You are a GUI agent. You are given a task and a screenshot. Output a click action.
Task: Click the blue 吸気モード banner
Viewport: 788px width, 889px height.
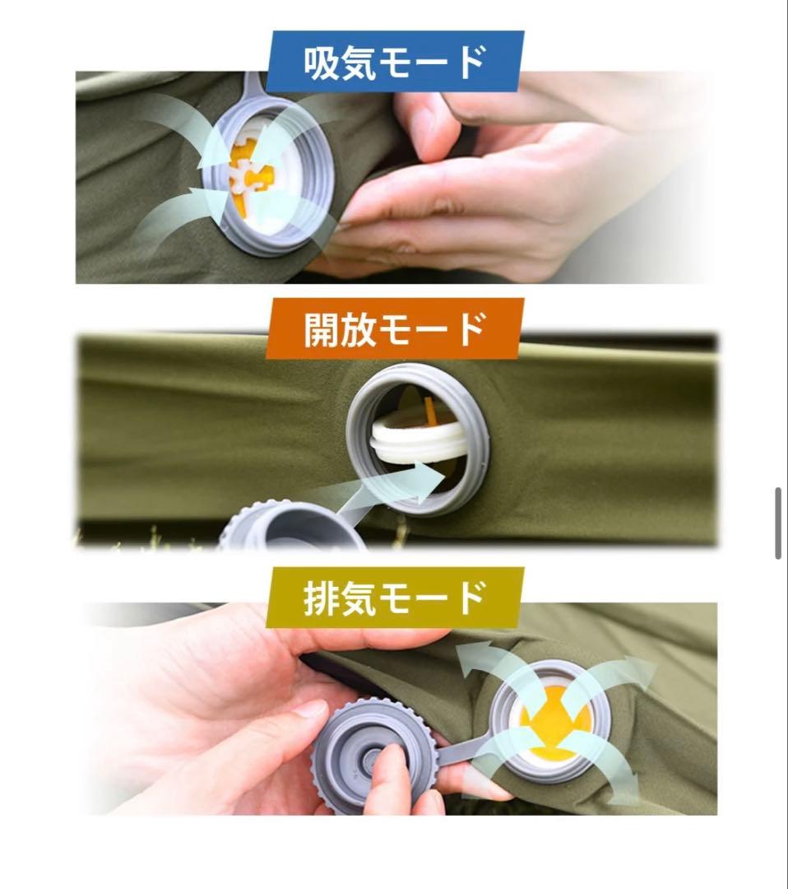(394, 62)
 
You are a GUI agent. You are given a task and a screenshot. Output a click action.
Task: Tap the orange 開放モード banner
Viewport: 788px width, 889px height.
(394, 328)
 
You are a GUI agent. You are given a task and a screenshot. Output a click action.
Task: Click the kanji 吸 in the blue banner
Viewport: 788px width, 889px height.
(322, 63)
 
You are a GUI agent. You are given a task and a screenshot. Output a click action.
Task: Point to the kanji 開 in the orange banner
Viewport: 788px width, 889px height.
(322, 329)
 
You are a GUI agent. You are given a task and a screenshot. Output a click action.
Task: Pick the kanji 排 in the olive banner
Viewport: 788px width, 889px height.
(322, 598)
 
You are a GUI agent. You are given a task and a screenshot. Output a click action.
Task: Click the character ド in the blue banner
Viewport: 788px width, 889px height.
(470, 63)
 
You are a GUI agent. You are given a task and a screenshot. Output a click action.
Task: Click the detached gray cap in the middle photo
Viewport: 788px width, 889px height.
(292, 528)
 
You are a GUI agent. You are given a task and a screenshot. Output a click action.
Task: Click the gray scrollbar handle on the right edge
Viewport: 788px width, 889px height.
(777, 524)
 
